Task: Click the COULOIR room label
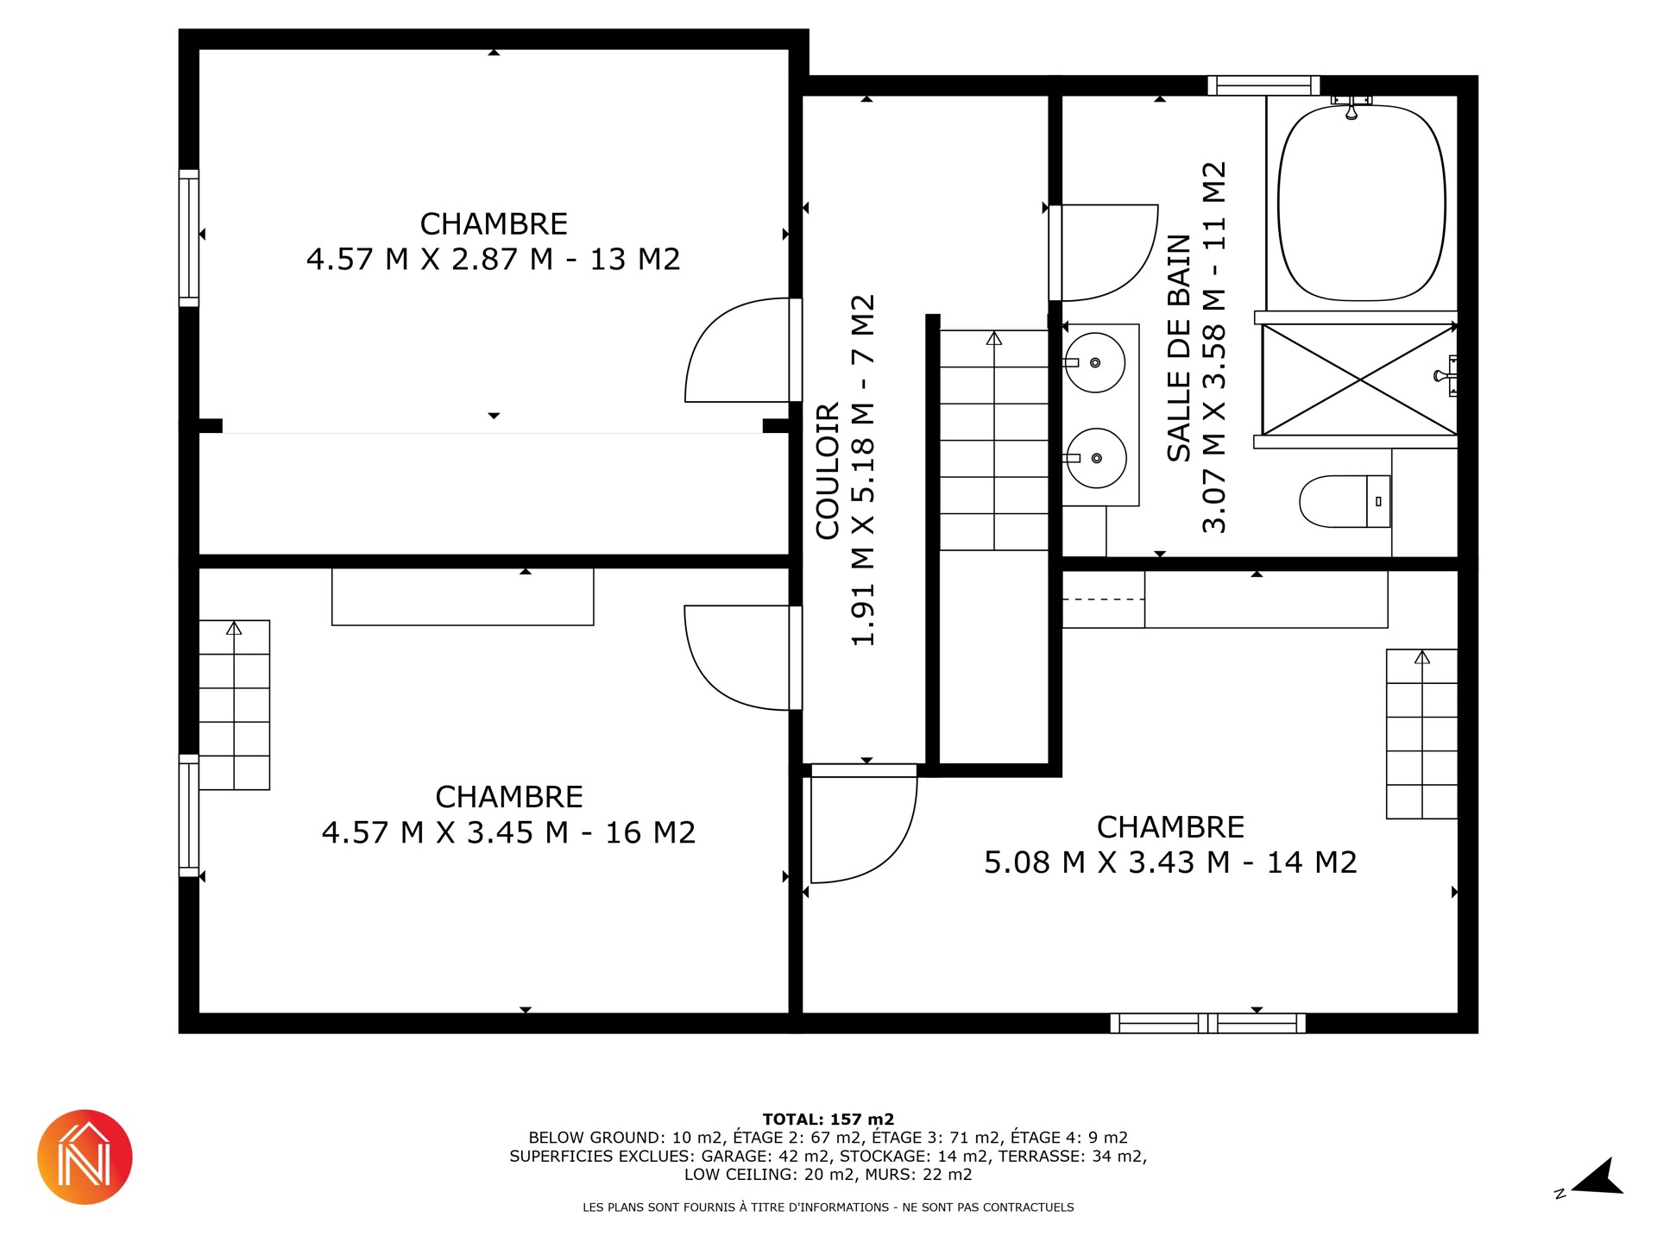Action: [x=828, y=471]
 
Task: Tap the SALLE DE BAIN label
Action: [x=1179, y=348]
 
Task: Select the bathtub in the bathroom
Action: [x=1362, y=203]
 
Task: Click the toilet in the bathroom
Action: [x=1345, y=501]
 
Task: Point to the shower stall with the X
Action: [x=1359, y=379]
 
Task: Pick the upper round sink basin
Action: [x=1094, y=363]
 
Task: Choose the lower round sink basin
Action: [x=1096, y=458]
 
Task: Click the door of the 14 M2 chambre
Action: [x=864, y=824]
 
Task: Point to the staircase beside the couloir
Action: [x=994, y=440]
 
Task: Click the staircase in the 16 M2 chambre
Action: [x=234, y=705]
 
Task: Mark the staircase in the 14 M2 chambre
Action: [x=1422, y=734]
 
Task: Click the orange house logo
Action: [x=85, y=1157]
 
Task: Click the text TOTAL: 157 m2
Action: [x=828, y=1120]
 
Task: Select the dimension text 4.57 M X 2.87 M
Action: [x=430, y=259]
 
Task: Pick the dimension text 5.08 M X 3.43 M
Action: [x=1107, y=862]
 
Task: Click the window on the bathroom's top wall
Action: [x=1263, y=85]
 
